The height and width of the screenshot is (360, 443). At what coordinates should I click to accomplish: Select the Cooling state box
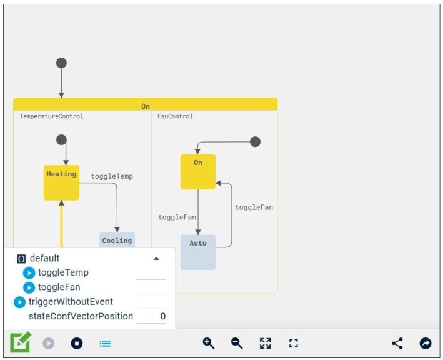tap(117, 241)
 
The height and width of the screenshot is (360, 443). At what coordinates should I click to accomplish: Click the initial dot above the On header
tap(61, 63)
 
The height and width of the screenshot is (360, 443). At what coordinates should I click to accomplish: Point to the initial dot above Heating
tap(61, 140)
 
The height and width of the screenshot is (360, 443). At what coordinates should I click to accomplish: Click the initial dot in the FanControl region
tap(255, 142)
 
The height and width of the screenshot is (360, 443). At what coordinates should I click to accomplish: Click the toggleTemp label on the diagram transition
tap(112, 176)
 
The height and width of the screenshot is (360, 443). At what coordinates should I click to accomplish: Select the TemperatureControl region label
tap(51, 116)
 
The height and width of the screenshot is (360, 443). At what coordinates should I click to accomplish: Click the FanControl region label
tap(175, 116)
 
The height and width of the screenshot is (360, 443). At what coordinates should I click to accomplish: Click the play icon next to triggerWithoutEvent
tap(19, 302)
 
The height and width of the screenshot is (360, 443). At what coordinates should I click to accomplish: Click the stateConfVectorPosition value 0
tap(162, 317)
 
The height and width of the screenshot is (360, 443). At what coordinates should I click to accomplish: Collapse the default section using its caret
tap(156, 258)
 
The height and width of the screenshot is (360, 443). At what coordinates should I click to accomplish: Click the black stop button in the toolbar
tap(76, 343)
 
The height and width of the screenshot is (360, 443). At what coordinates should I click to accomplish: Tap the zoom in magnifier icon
tap(209, 343)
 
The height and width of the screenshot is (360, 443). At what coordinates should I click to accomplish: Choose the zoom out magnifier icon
tap(237, 343)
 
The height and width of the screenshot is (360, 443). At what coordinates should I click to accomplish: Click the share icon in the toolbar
tap(397, 343)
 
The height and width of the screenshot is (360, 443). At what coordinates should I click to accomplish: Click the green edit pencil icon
tap(20, 342)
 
